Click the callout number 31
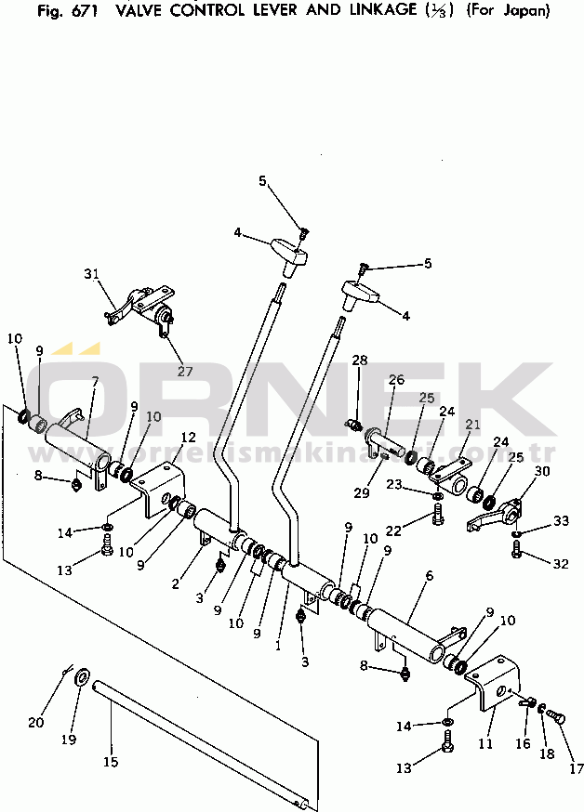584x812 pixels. (90, 273)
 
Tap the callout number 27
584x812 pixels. (185, 371)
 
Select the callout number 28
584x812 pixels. (360, 359)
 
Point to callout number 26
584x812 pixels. (396, 380)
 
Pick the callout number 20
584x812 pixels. (35, 723)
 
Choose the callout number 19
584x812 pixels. (68, 740)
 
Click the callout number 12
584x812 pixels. (188, 437)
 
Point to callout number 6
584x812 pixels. (430, 577)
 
